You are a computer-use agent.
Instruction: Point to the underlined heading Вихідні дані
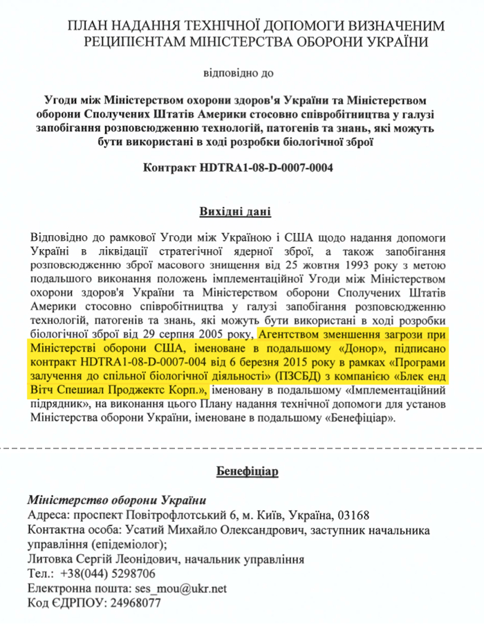241,212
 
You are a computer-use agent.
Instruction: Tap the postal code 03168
351,516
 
